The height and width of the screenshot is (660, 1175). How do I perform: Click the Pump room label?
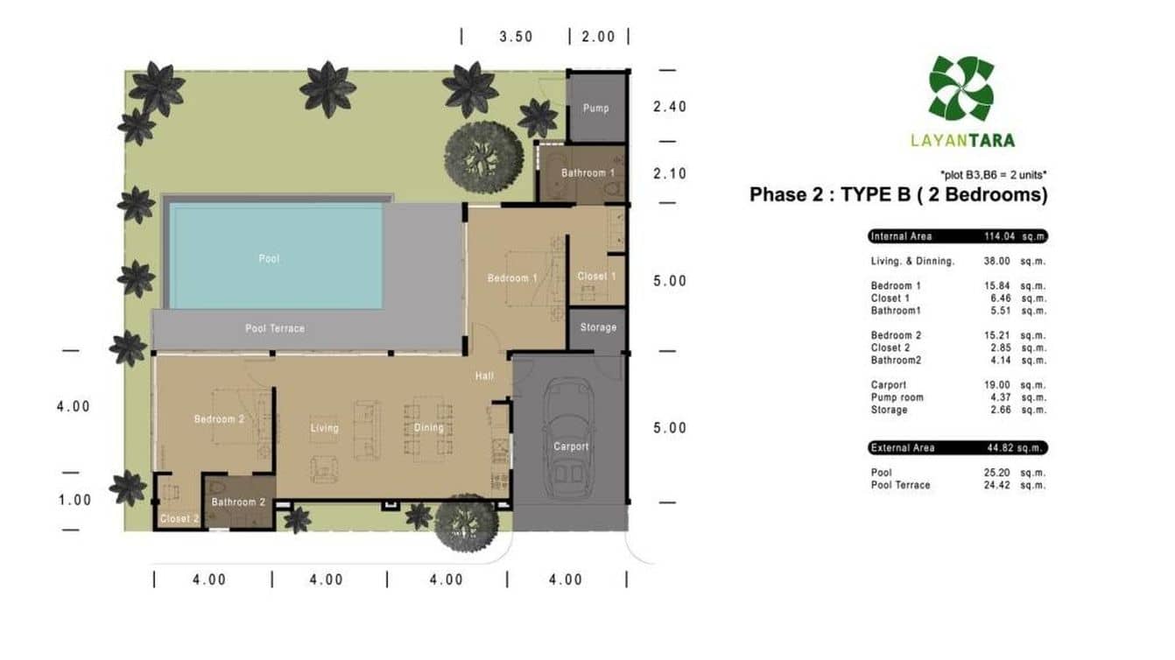pos(596,109)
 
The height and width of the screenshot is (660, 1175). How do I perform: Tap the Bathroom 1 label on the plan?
pos(587,173)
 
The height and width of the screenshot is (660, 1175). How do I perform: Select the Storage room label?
pos(598,327)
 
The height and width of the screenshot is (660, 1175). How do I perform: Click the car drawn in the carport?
pos(568,438)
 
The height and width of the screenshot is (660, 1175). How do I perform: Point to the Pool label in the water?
pos(269,258)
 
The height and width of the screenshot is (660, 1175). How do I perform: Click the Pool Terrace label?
pos(275,329)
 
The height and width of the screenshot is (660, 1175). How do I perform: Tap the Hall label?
pos(484,376)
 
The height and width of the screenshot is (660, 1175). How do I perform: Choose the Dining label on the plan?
pos(428,428)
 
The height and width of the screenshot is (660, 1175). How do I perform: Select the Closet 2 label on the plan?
pos(179,518)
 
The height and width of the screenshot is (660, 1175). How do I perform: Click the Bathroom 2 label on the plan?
pos(238,502)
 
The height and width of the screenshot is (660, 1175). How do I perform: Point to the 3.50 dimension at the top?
pos(517,37)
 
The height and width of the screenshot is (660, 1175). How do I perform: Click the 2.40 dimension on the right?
pos(670,107)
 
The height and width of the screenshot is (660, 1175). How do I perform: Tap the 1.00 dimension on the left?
pos(75,500)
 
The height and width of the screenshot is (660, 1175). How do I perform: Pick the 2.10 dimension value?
pos(670,173)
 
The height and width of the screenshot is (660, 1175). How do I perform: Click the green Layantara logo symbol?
pos(961,88)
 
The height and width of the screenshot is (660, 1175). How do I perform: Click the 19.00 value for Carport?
pos(997,385)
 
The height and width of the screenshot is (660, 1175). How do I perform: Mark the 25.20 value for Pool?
pos(997,473)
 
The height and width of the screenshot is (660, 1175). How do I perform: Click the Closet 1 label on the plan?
pos(596,277)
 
